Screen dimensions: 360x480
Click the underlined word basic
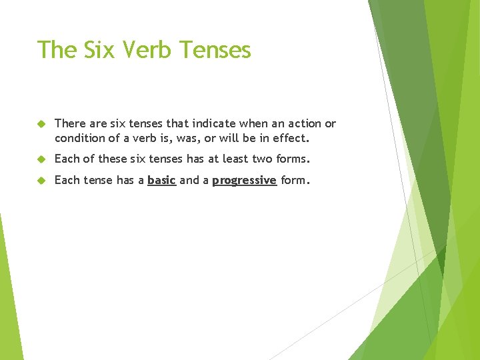click(161, 180)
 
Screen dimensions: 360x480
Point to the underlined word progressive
click(244, 180)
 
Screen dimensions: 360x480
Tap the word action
click(301, 124)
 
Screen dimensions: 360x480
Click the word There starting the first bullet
click(70, 124)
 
